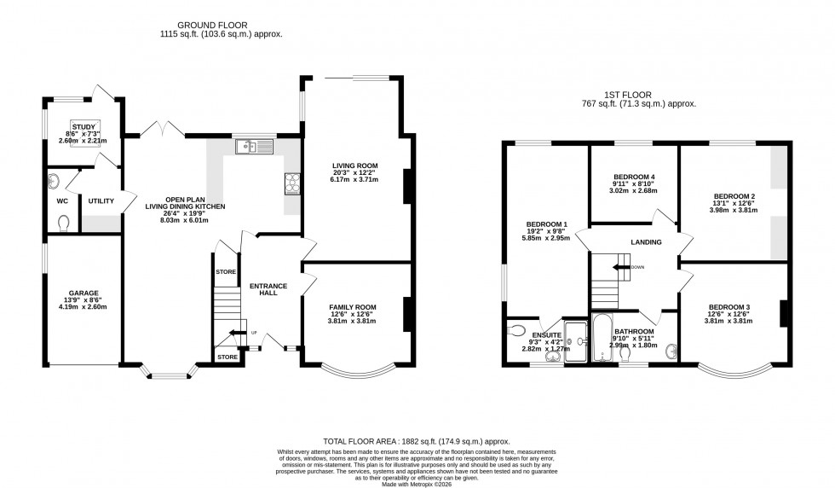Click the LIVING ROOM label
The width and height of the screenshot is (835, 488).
[354, 166]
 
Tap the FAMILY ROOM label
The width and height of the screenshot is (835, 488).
[353, 306]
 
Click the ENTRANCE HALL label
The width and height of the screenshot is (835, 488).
[268, 289]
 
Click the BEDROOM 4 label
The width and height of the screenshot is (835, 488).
[633, 177]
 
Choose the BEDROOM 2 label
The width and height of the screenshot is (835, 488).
[734, 196]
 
